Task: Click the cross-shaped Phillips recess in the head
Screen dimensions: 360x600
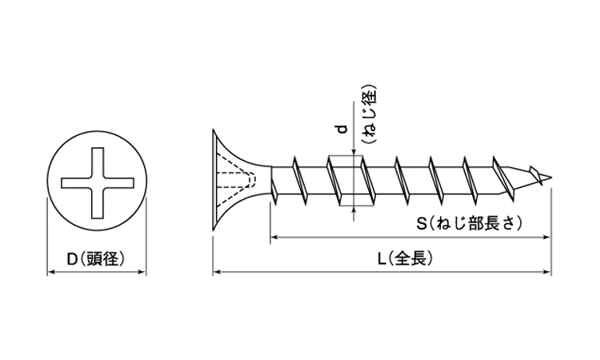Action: coord(97,182)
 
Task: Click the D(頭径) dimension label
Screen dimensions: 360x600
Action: coord(97,258)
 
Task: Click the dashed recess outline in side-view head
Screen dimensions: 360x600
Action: coord(241,182)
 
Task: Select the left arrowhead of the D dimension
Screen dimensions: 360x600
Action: coord(51,273)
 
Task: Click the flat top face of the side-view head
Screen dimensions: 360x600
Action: coord(214,182)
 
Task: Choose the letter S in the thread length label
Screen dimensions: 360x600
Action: coord(421,225)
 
